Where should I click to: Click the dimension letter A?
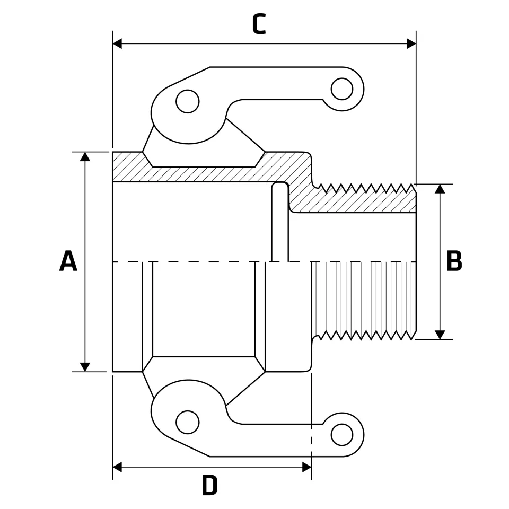click(x=68, y=261)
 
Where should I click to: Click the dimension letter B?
click(x=454, y=261)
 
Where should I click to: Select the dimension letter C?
click(x=258, y=25)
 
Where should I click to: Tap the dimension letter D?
click(x=210, y=486)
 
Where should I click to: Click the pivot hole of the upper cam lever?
click(x=187, y=101)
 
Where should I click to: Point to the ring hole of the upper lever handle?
click(x=341, y=89)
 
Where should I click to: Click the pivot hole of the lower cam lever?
click(x=187, y=422)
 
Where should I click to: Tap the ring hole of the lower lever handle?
click(x=341, y=435)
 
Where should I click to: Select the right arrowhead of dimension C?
click(x=411, y=43)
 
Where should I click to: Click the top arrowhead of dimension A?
click(x=85, y=156)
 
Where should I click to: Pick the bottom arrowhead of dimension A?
click(x=85, y=367)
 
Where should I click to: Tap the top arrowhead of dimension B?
click(x=440, y=189)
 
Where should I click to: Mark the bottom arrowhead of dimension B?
click(x=440, y=335)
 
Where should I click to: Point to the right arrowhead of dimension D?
click(x=306, y=467)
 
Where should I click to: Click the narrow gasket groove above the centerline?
click(x=280, y=223)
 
